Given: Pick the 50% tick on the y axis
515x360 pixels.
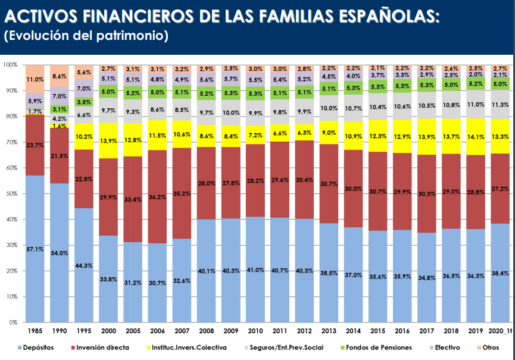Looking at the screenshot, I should click(10, 194).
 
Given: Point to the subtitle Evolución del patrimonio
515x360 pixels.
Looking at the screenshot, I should click(87, 36).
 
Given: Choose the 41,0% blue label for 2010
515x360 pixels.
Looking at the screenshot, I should click(255, 270).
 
